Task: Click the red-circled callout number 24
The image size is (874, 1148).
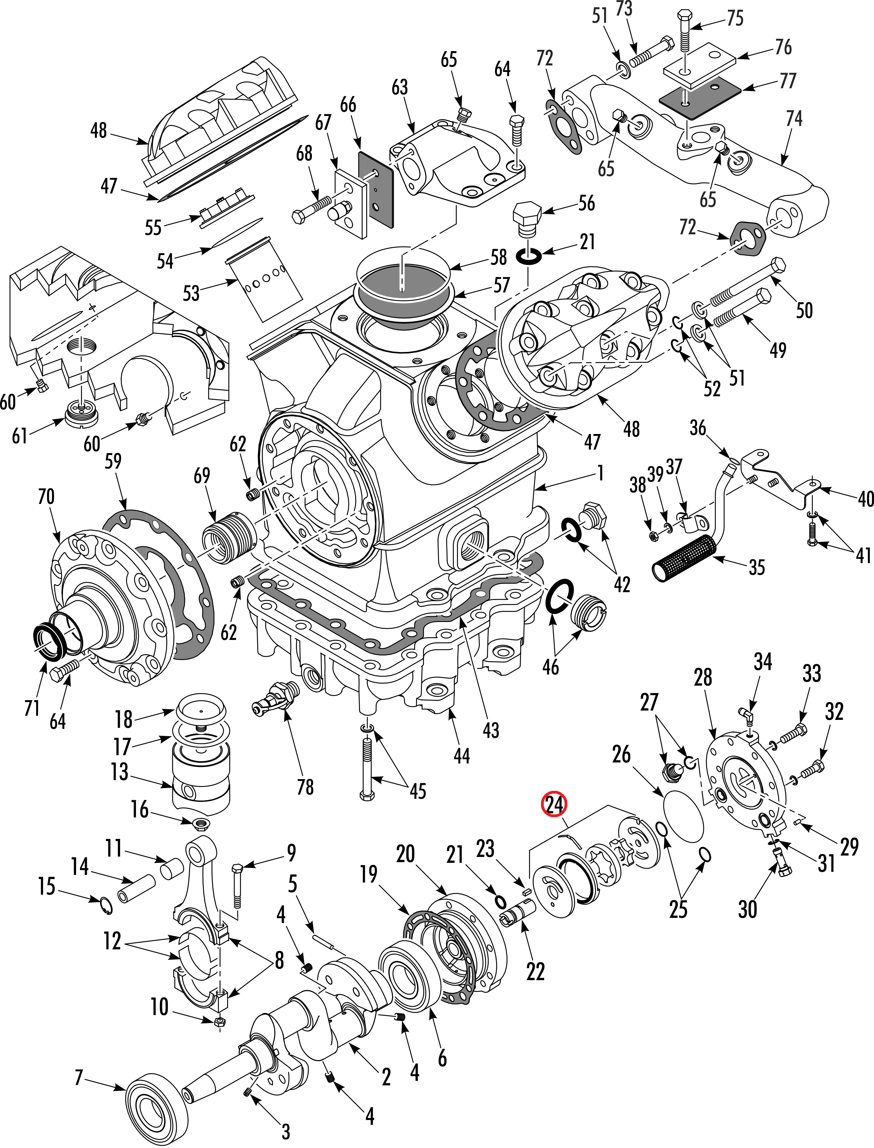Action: click(x=554, y=804)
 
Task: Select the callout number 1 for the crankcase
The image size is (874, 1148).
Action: click(x=601, y=472)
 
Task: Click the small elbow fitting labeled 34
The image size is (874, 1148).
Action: click(x=746, y=717)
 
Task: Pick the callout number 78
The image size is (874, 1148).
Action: click(x=305, y=787)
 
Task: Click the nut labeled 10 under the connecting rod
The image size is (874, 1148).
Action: click(x=219, y=1021)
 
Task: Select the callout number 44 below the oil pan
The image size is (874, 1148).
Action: click(x=461, y=755)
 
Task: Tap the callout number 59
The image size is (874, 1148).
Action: click(x=113, y=461)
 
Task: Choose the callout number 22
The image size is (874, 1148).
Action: click(x=535, y=971)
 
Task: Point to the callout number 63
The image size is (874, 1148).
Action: click(x=399, y=87)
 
